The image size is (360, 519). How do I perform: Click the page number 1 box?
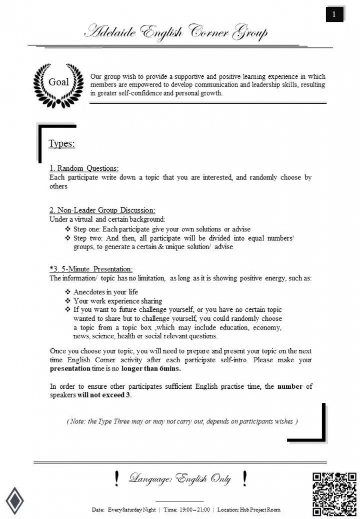click(334, 15)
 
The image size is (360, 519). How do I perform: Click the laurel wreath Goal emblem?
click(58, 83)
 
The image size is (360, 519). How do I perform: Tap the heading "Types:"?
click(62, 144)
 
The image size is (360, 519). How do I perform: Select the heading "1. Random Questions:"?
click(84, 168)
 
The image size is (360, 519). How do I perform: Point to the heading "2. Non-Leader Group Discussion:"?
click(102, 210)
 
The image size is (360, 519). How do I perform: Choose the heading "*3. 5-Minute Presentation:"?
click(91, 269)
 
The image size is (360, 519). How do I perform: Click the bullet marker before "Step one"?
click(68, 229)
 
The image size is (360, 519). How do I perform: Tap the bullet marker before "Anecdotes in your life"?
click(68, 292)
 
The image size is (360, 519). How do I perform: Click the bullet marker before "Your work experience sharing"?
click(68, 301)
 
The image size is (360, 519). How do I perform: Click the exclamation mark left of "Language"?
click(117, 478)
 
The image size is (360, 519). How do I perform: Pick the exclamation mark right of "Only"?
click(244, 478)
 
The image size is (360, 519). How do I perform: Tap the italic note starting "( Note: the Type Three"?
click(182, 421)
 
